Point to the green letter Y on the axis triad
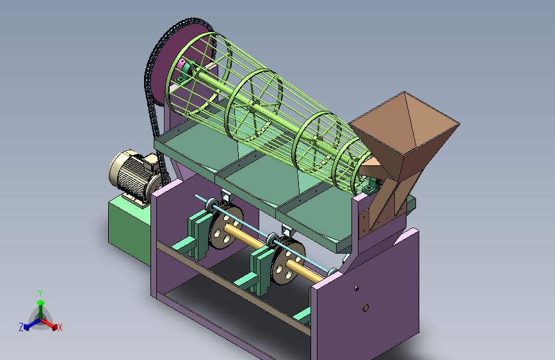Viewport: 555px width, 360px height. point(40,293)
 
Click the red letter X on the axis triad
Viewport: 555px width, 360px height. point(60,328)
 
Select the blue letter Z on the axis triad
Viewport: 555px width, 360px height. point(21,327)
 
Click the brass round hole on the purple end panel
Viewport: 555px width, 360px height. point(366,308)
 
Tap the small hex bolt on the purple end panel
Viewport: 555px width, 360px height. point(356,288)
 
